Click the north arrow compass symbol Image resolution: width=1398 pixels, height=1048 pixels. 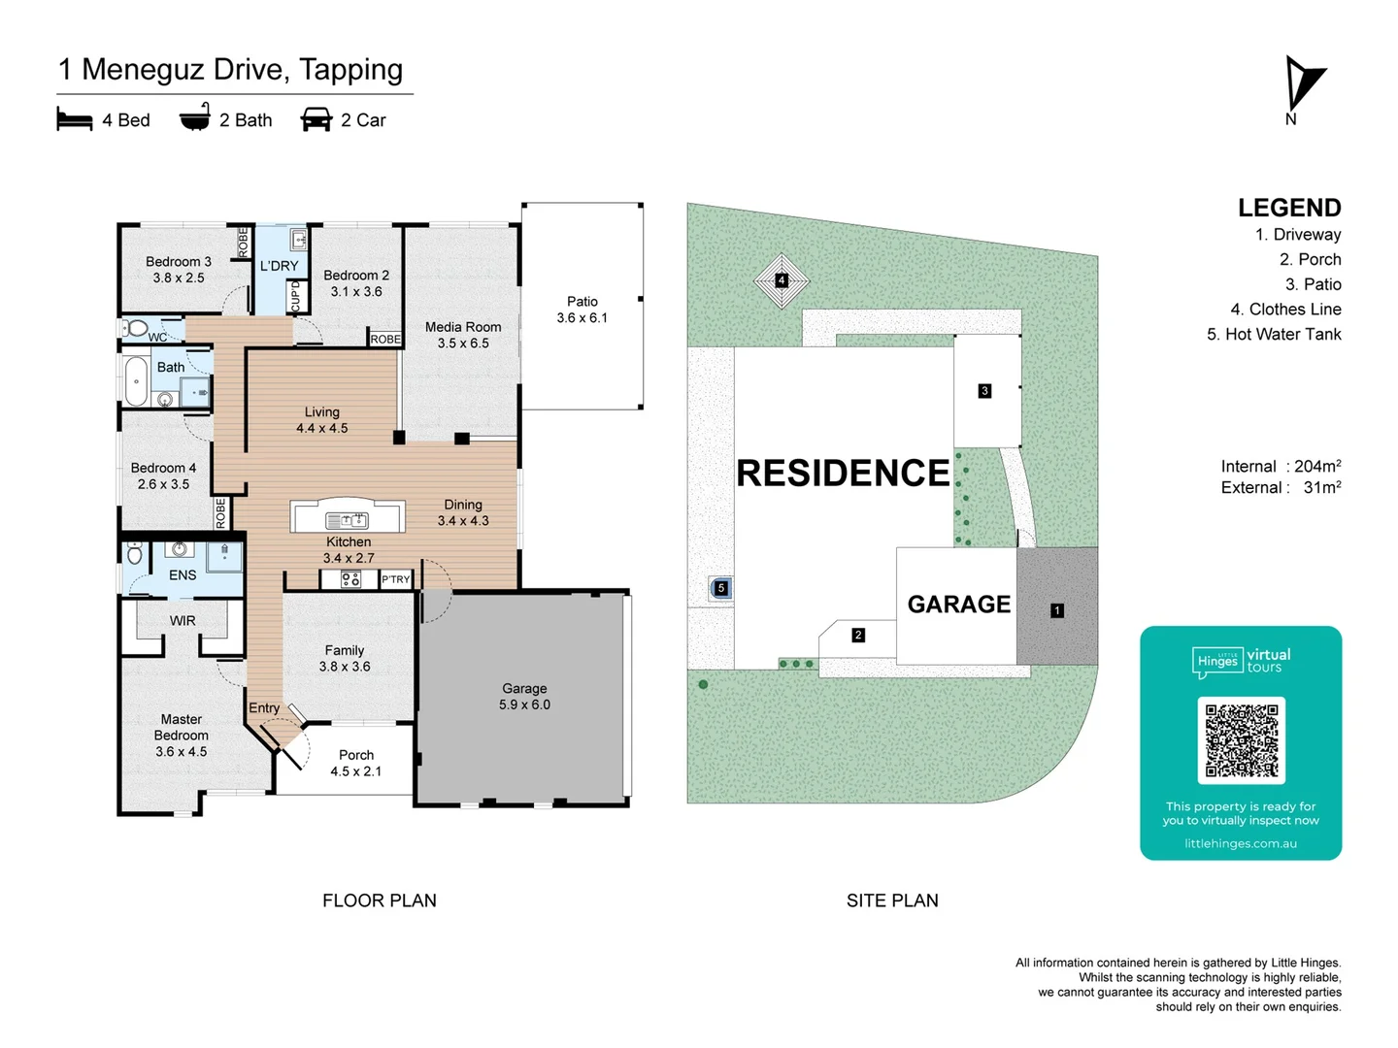click(x=1303, y=84)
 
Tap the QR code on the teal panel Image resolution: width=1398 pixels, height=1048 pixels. click(x=1241, y=740)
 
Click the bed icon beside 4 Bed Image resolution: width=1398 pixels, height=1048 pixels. click(x=75, y=119)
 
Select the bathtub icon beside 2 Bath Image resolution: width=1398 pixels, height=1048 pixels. click(x=195, y=117)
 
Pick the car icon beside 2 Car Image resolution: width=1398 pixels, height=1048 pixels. click(x=316, y=119)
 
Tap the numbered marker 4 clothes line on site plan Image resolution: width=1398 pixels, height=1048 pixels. click(x=782, y=280)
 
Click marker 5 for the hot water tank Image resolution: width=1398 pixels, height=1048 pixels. click(x=720, y=588)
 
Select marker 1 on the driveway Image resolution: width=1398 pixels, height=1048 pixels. click(x=1057, y=610)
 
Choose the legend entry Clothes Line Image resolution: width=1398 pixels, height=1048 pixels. click(x=1285, y=309)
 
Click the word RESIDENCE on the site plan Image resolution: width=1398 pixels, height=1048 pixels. click(x=843, y=473)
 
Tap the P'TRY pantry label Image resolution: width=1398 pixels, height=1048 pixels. click(x=395, y=579)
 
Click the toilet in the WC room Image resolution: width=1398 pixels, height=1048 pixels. click(x=136, y=328)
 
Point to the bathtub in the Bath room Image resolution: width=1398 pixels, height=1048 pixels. click(x=136, y=381)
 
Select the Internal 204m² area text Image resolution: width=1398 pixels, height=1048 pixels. click(x=1281, y=466)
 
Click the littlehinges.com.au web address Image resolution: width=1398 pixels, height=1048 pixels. click(x=1241, y=843)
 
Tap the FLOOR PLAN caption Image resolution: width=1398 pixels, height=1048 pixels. click(x=380, y=901)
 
